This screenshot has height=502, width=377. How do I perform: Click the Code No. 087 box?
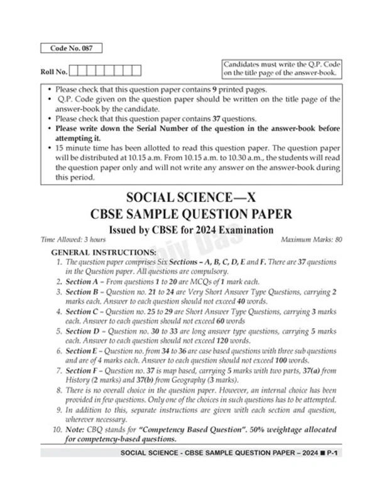click(70, 48)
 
